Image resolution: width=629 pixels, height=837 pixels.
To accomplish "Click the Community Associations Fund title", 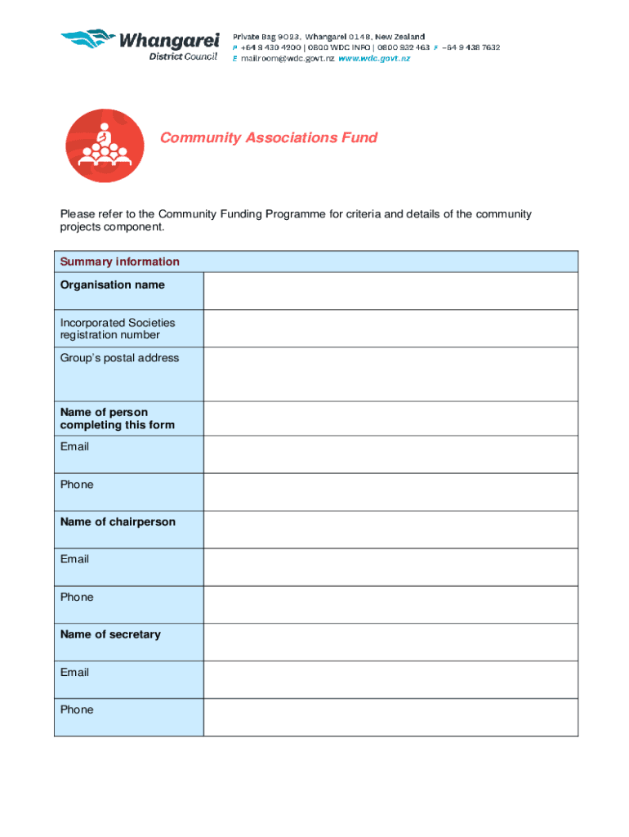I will click(268, 137).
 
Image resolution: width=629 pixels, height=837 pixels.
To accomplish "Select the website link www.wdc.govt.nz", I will click(374, 59).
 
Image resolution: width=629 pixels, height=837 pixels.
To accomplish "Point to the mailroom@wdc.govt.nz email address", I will click(283, 59).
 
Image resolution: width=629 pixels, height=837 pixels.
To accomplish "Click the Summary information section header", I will click(119, 262).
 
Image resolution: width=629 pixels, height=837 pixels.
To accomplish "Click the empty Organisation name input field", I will click(390, 290).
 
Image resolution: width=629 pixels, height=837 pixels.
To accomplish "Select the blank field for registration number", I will click(390, 329).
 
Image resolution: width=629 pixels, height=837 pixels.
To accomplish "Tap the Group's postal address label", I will click(119, 358).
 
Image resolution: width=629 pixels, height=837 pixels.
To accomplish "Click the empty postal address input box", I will click(390, 374).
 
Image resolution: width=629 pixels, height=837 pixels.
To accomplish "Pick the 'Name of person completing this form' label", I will click(117, 418).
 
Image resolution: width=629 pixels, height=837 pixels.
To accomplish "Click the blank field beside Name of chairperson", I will click(390, 529).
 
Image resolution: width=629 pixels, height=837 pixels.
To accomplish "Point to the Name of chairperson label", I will click(118, 521).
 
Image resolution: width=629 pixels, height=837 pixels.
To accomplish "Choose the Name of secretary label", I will click(110, 634).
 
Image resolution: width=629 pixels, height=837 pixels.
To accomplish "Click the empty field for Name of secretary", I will click(390, 642).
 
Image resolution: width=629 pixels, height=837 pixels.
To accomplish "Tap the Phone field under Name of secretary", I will click(390, 717).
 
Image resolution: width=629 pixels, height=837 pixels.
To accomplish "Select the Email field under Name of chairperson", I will click(390, 566).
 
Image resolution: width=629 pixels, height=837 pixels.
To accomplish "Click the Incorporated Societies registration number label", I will click(117, 329).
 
